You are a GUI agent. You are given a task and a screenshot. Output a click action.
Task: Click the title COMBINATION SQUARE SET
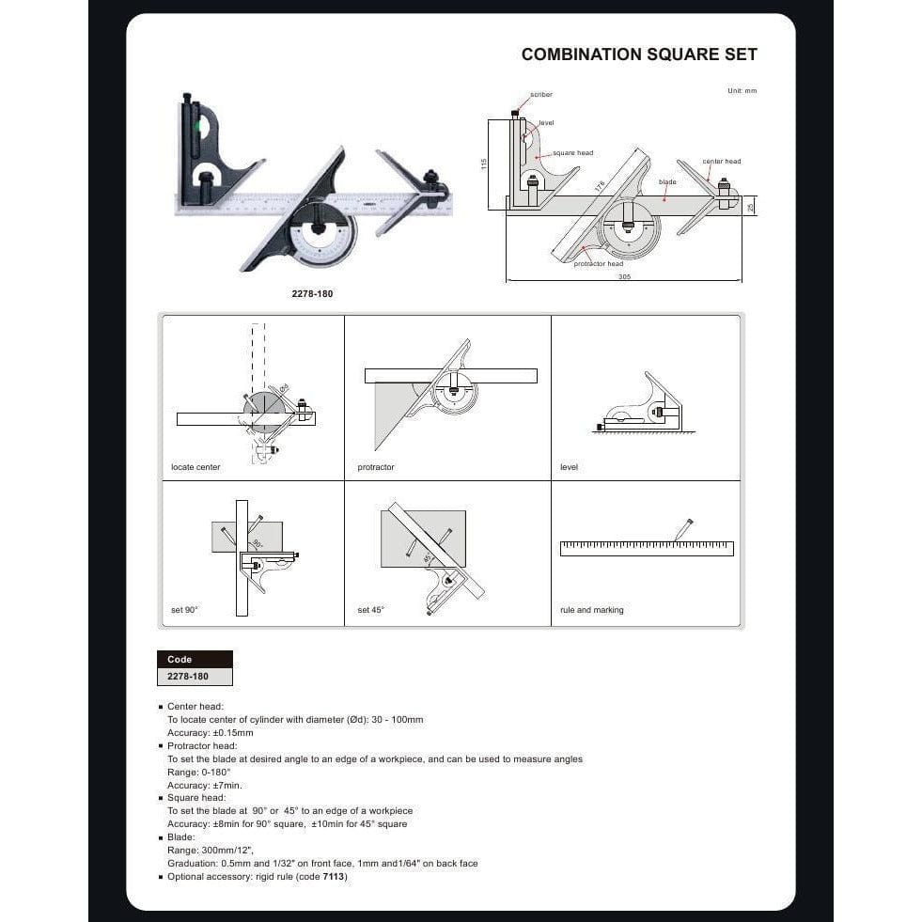click(639, 55)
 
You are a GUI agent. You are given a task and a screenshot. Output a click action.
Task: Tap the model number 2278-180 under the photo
click(312, 294)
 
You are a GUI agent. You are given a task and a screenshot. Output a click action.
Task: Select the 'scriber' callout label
click(541, 95)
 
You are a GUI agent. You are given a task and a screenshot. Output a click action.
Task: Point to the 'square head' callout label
click(572, 153)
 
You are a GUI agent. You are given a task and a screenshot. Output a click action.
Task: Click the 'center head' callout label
click(722, 162)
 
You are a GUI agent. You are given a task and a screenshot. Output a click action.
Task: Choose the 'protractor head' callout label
click(599, 264)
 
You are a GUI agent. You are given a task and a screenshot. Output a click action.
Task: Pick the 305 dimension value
click(624, 277)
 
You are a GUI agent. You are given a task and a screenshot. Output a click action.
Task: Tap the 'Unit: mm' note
click(742, 90)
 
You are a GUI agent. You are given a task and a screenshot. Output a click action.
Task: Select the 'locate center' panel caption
click(195, 467)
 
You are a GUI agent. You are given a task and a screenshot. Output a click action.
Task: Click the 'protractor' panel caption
click(376, 467)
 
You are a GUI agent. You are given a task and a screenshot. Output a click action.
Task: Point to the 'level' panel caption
click(569, 467)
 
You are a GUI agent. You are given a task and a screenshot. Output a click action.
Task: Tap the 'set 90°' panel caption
click(185, 610)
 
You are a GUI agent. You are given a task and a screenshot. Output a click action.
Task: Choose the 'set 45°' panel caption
click(371, 610)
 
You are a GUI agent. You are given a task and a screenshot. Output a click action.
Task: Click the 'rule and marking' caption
click(592, 610)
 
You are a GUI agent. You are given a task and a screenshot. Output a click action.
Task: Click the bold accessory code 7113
click(335, 877)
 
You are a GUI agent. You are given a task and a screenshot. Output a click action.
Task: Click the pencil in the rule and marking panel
click(683, 529)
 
